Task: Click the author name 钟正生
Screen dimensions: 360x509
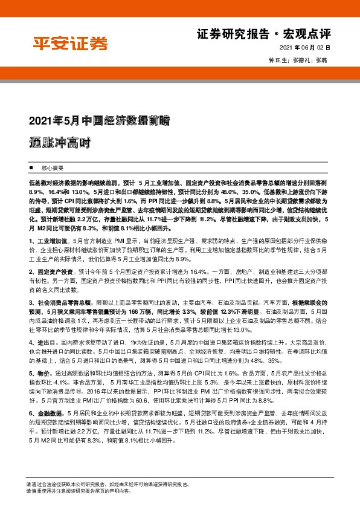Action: [277, 60]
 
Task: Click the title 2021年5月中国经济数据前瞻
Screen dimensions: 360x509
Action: [99, 120]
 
